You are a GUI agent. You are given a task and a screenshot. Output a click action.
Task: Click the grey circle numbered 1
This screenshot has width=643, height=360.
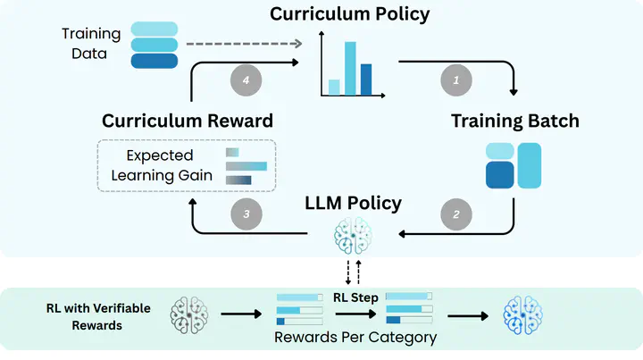(456, 80)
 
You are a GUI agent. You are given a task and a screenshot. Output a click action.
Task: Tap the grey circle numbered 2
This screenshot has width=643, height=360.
(456, 214)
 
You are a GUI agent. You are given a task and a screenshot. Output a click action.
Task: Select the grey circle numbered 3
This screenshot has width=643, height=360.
(246, 214)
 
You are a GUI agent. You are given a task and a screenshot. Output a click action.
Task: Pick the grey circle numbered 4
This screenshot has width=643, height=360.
(246, 80)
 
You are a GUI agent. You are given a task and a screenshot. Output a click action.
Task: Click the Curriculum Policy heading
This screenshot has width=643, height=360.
(350, 14)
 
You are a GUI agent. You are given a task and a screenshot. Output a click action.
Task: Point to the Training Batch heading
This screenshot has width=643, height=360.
(515, 121)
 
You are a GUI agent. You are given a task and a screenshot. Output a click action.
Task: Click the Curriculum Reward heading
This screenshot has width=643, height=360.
(188, 121)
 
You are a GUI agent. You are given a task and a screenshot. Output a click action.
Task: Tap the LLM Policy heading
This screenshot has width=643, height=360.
(353, 204)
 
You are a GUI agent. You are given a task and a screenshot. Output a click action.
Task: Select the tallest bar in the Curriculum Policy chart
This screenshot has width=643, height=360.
(350, 69)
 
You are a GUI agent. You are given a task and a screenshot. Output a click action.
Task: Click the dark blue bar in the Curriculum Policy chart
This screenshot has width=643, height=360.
(366, 80)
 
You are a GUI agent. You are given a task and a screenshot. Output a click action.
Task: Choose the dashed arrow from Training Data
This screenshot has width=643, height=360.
(244, 44)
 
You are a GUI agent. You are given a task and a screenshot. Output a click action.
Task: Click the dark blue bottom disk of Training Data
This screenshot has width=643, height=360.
(154, 61)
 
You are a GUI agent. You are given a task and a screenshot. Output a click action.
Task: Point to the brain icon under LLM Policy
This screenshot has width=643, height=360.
(353, 236)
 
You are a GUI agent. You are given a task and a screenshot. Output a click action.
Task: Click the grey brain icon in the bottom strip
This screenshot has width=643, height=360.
(189, 314)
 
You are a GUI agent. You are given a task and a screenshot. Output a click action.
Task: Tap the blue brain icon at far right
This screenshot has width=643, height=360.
(522, 315)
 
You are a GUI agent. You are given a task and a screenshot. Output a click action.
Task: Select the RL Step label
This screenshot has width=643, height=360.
(355, 297)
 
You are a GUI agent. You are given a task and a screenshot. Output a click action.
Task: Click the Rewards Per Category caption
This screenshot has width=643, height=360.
(355, 338)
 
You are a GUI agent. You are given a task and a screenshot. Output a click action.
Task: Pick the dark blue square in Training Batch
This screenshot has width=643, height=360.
(500, 175)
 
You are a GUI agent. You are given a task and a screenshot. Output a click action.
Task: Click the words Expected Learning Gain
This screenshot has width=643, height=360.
(162, 165)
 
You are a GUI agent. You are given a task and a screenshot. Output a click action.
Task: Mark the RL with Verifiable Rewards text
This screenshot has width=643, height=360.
(98, 316)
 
